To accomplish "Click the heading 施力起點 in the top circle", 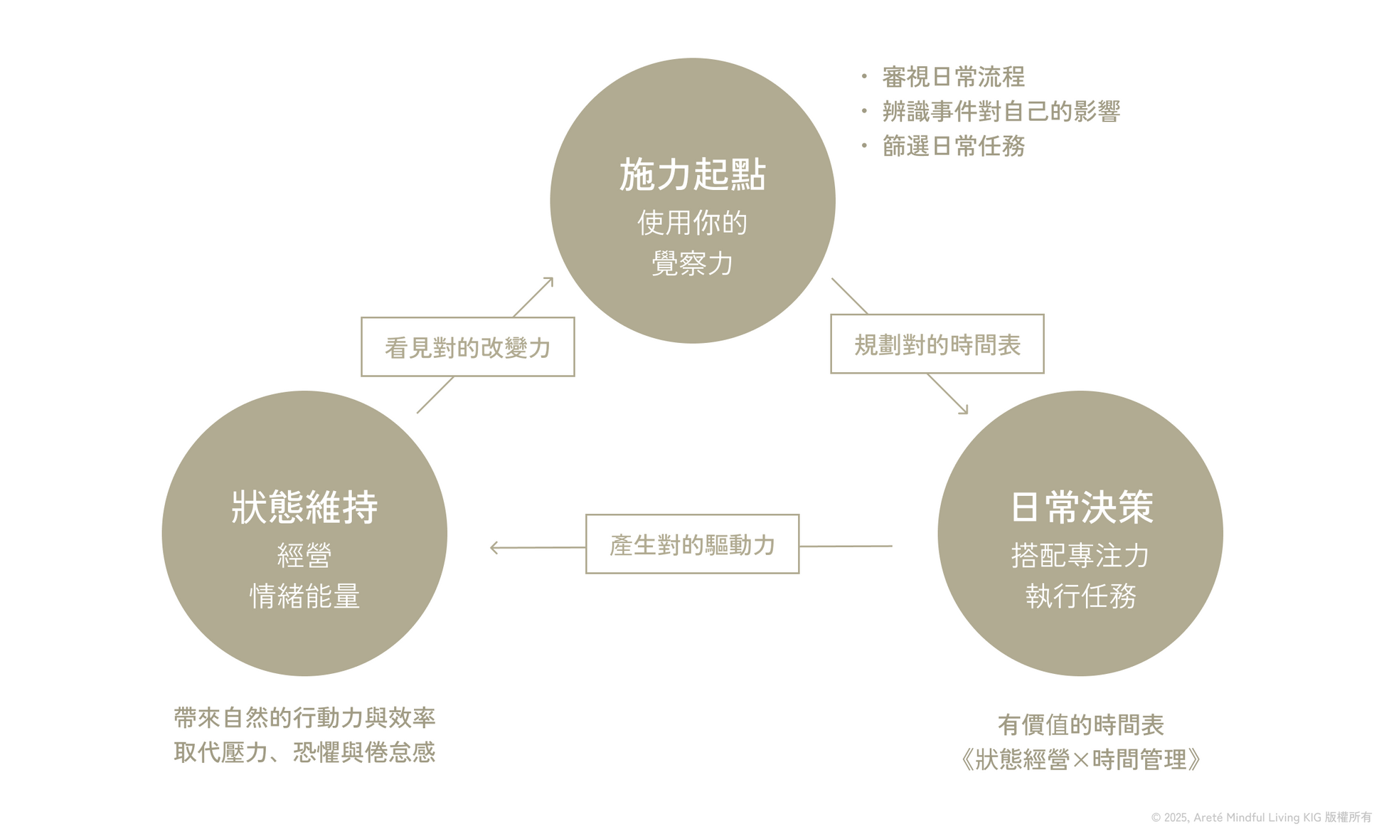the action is (x=692, y=175).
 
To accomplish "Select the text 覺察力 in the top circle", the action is (x=692, y=264).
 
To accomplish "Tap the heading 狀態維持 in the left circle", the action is (x=304, y=507).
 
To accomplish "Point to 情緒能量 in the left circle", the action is (x=304, y=596).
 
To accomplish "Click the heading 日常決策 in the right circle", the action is (x=1081, y=507).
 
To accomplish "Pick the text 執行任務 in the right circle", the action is (x=1081, y=596).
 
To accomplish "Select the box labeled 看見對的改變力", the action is (x=468, y=347).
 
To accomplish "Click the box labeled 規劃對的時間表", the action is (x=937, y=344).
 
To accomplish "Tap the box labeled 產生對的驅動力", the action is (x=693, y=544).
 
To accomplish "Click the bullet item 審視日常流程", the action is (x=953, y=77).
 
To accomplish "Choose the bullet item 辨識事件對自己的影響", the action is (x=1001, y=112).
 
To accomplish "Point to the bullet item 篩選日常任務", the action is (x=953, y=147).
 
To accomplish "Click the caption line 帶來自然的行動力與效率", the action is (x=304, y=718).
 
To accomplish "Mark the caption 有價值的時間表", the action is (x=1081, y=725).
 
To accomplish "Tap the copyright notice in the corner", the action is (x=1261, y=818).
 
